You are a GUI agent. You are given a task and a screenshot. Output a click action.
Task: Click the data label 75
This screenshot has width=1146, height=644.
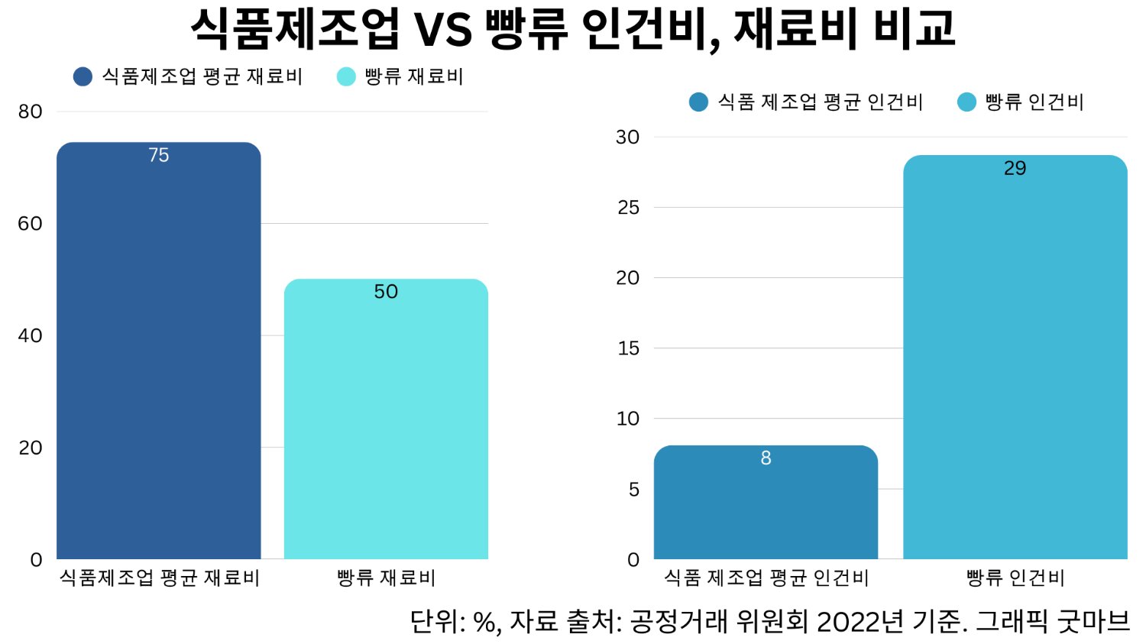coord(159,155)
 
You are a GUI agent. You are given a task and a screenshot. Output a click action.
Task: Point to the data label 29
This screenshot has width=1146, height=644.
coord(1015,168)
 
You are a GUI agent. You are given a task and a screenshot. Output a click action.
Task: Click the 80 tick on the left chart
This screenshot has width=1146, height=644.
coord(31,112)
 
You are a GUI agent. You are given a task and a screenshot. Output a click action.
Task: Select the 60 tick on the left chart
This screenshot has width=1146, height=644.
coord(31,224)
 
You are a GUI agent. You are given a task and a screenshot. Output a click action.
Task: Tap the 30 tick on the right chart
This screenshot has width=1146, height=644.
coord(627,138)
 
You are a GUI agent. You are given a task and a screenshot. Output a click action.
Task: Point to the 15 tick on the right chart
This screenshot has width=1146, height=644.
coord(628,348)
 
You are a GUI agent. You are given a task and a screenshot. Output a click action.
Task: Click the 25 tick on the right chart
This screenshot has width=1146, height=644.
coord(628,208)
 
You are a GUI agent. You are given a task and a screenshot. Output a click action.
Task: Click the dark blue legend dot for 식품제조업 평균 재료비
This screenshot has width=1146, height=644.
coord(83,76)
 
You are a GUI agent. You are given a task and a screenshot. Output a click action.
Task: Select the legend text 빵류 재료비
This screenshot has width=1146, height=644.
coord(413,76)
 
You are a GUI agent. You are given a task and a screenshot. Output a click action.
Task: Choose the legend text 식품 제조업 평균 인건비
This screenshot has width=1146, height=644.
coord(820,102)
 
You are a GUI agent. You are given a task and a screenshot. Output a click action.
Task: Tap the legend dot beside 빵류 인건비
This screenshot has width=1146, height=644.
coord(966,102)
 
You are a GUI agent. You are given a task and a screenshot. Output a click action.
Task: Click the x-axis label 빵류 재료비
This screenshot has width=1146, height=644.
coord(386,578)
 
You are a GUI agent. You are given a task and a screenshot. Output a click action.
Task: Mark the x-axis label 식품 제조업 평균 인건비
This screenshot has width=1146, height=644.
coord(766,578)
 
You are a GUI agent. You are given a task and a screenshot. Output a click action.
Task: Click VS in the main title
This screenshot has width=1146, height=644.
coord(442,29)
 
